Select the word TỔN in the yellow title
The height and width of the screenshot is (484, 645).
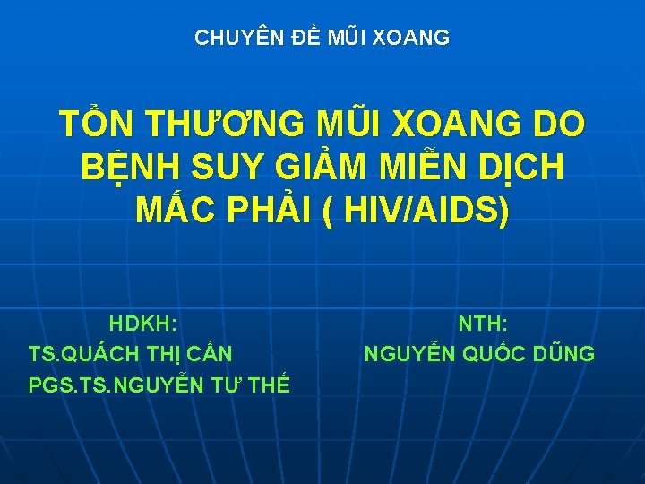[96, 124]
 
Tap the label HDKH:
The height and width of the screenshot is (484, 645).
[143, 322]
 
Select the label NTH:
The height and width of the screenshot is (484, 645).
[483, 322]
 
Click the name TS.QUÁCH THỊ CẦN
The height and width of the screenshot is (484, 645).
[131, 353]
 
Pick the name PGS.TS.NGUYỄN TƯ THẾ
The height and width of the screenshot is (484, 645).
[159, 385]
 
